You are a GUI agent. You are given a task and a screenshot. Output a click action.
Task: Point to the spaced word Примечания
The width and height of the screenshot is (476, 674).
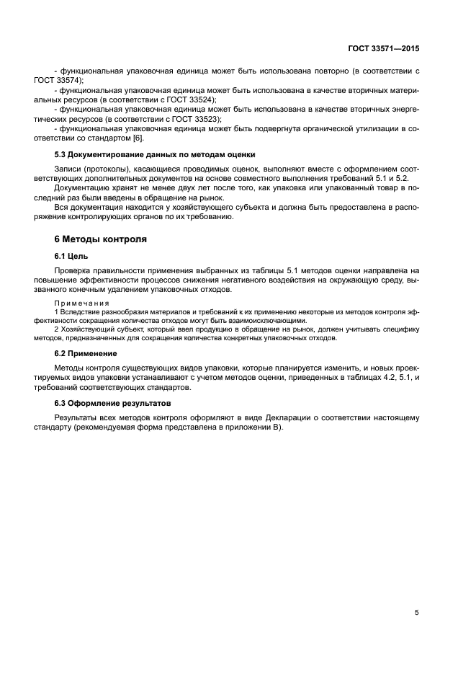[81, 303]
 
